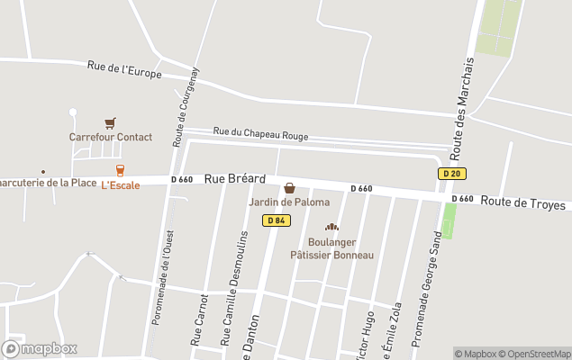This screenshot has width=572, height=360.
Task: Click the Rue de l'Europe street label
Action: (124, 69)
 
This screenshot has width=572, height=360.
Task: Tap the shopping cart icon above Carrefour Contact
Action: (110, 123)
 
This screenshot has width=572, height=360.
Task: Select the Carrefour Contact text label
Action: (111, 138)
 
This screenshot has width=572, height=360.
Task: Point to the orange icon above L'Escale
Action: (119, 170)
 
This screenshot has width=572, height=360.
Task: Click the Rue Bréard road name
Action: (235, 179)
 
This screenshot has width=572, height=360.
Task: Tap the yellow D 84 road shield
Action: (277, 220)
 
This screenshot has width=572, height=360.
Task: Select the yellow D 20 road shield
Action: (452, 173)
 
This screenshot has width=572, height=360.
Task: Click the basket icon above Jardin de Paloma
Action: (289, 188)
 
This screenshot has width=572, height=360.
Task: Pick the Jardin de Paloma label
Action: (289, 202)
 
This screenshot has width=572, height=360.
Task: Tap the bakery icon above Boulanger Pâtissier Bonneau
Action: (331, 228)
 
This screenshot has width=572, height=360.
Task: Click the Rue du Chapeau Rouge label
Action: (260, 134)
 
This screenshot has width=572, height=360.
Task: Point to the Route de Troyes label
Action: (522, 203)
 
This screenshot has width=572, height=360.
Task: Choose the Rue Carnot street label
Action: (199, 319)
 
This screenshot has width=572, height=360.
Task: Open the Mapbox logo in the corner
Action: (40, 348)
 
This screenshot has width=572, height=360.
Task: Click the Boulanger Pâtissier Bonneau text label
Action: (331, 248)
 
